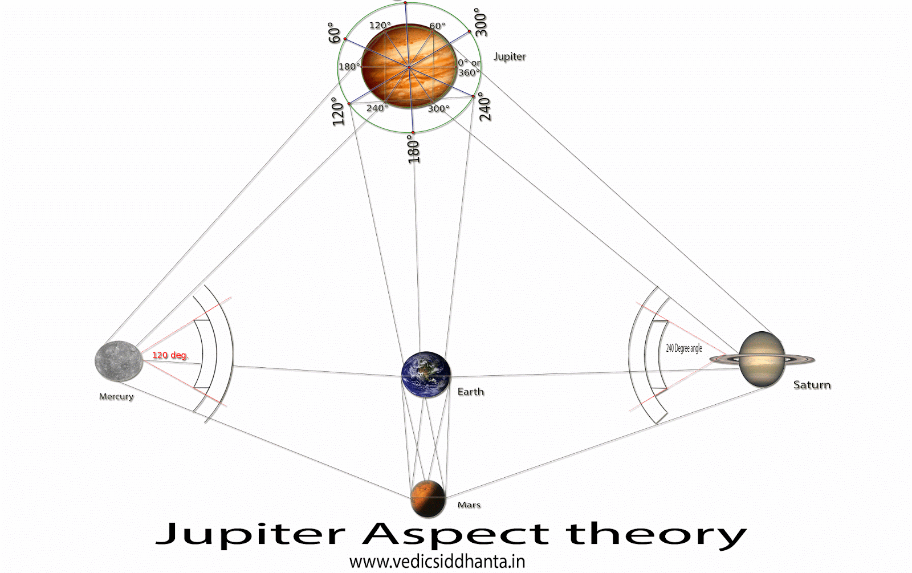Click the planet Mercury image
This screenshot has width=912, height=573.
tap(119, 360)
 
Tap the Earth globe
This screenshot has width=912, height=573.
tap(426, 375)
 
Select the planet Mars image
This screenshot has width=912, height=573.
tap(428, 497)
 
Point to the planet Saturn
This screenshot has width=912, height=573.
tap(762, 359)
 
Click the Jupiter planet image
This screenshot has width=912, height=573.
tap(409, 66)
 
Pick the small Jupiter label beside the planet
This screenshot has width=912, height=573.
tap(509, 56)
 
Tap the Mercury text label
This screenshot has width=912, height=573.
tap(116, 396)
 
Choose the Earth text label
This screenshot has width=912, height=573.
tap(470, 392)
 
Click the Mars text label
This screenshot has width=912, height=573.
tap(469, 505)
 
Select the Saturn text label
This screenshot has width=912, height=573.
tap(812, 385)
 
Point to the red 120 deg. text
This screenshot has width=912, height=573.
tap(169, 355)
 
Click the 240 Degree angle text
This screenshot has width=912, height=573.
tap(684, 348)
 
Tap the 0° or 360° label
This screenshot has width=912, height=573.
tap(469, 68)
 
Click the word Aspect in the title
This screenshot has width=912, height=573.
tap(455, 534)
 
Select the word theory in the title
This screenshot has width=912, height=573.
tap(655, 534)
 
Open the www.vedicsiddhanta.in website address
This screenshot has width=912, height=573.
tap(437, 562)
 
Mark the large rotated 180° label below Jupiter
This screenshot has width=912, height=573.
tap(414, 149)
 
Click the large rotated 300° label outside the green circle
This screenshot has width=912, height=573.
tap(481, 22)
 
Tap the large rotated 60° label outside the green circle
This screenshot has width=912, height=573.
tap(335, 33)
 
